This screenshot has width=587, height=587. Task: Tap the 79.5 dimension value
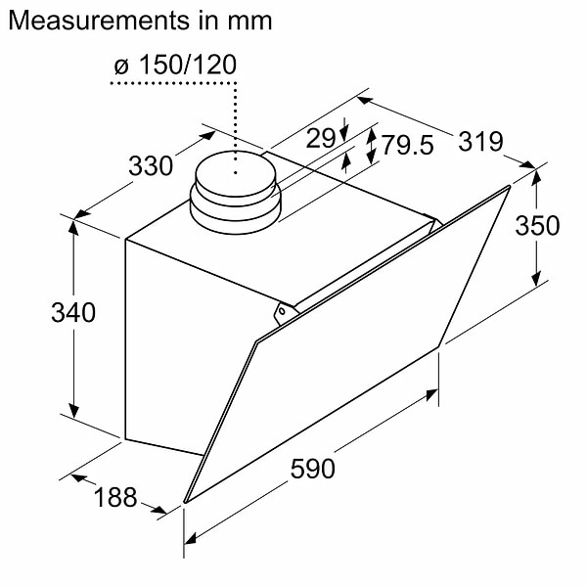tap(408, 147)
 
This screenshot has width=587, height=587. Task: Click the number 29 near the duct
tap(321, 139)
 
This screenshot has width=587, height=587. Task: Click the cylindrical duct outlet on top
tap(234, 191)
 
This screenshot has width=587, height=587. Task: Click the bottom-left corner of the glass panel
tap(185, 503)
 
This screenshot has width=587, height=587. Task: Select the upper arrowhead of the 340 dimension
tap(74, 224)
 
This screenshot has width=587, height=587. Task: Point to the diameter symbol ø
tap(120, 66)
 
